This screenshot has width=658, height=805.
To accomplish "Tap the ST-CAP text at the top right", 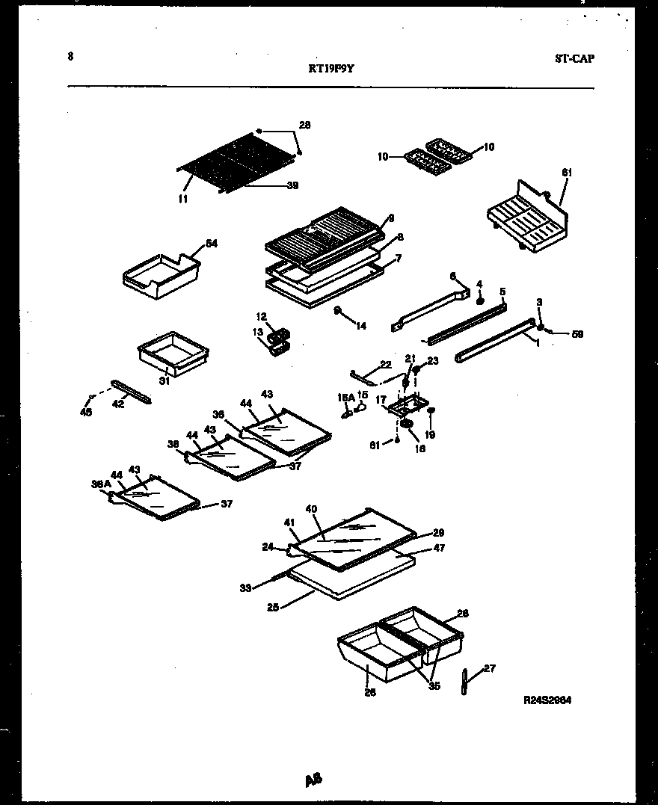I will point(574,59).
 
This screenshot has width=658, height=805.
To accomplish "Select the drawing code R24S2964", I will point(552,700).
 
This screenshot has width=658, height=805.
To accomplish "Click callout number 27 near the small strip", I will point(489,669).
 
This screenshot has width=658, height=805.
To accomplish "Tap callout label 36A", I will point(101,484).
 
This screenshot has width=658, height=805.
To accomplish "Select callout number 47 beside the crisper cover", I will point(439,548).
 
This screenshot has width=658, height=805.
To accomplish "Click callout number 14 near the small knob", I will point(362,325).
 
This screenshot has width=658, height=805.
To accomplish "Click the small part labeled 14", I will point(339,310).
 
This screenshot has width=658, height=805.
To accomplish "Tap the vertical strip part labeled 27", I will point(465,682).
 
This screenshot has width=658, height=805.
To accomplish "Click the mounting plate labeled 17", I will point(405,407).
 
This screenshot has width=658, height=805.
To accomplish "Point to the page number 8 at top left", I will point(70,55).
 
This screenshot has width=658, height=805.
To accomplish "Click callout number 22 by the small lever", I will point(385,364).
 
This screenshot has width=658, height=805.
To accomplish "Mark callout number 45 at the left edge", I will point(87,412).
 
